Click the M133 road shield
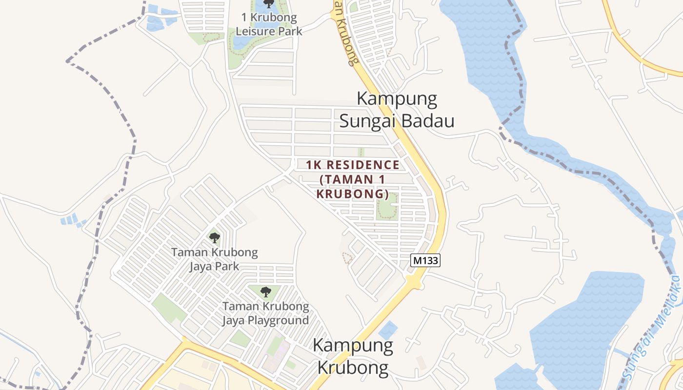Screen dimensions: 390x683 (x=426, y=260)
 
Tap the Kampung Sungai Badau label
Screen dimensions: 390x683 (x=397, y=110)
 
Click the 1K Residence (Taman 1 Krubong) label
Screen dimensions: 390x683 (x=352, y=179)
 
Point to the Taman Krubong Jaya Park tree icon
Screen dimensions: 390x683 (x=214, y=238)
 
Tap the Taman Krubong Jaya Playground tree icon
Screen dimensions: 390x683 (x=265, y=292)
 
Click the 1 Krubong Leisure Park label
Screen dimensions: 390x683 (x=269, y=24)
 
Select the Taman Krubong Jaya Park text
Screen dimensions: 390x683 (x=214, y=259)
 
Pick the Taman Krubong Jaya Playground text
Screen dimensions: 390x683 (x=265, y=313)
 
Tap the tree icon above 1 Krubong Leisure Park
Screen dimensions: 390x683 (x=268, y=3)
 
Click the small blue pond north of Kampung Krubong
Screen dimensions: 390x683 (x=388, y=330)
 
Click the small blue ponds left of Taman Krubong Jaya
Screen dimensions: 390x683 (x=71, y=220)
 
